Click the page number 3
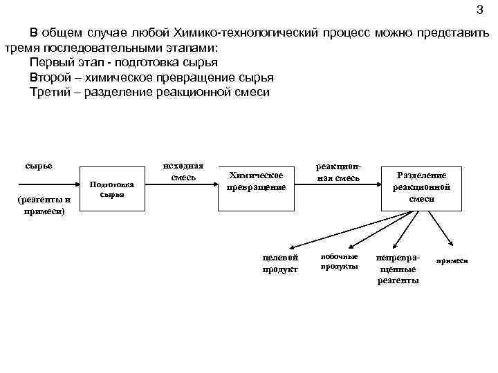[x=480, y=10]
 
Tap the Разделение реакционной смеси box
[x=421, y=186]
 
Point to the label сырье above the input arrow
[x=39, y=166]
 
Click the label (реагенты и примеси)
[x=44, y=205]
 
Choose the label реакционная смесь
[x=338, y=173]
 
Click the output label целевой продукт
[x=280, y=263]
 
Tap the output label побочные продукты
[x=340, y=261]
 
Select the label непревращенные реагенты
[x=397, y=269]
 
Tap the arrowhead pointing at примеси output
[x=450, y=242]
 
